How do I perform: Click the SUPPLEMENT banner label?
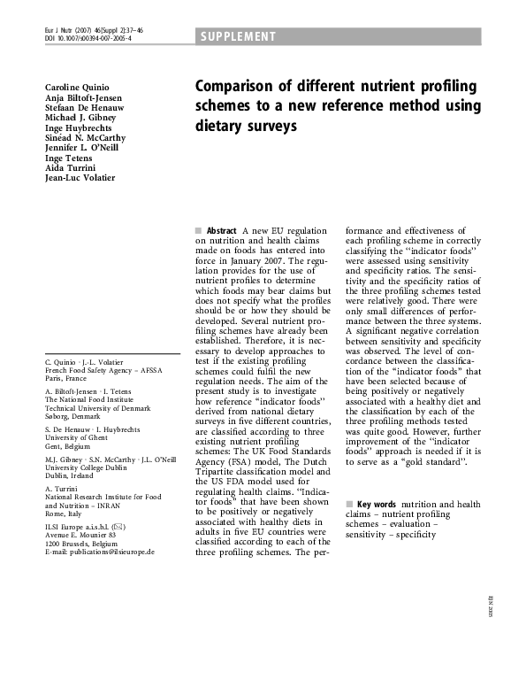(x=238, y=36)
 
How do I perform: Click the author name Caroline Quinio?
(x=77, y=88)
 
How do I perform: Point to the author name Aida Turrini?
(x=71, y=168)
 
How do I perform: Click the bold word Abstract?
(x=221, y=230)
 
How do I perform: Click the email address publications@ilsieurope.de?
(x=99, y=552)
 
